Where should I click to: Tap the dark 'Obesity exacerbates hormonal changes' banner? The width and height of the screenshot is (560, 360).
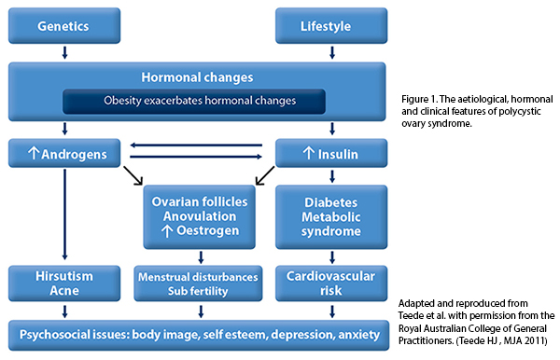193,101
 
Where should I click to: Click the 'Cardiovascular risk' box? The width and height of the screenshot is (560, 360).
330,283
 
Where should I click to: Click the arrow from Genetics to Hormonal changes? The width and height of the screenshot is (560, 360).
63,51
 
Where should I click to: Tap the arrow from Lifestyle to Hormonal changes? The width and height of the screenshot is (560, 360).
330,51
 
